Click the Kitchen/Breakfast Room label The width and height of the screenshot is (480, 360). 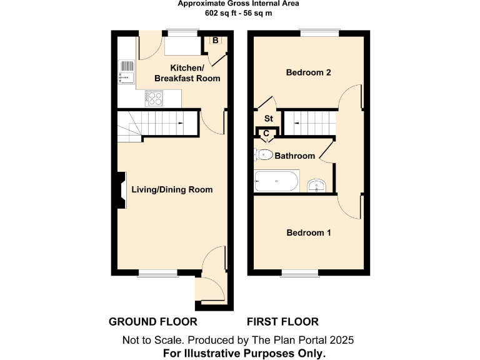tap(187, 73)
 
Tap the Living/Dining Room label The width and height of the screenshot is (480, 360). tap(171, 189)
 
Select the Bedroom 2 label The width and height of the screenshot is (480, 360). tap(308, 72)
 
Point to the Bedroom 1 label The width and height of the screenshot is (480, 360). tap(308, 232)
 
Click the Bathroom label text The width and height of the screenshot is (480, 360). tap(295, 156)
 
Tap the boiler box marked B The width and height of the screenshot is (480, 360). tap(215, 41)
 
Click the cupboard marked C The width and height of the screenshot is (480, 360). tap(266, 133)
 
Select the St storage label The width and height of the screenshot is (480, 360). tap(269, 118)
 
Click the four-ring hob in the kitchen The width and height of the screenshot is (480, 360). tap(154, 97)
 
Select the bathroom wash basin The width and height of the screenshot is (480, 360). tap(317, 185)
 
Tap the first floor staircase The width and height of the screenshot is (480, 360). tap(307, 123)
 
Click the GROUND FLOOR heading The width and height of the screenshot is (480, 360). tap(153, 322)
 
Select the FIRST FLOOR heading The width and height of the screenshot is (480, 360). tap(282, 322)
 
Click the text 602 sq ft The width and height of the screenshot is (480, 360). tap(218, 13)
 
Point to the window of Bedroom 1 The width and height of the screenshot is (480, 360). tap(299, 272)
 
